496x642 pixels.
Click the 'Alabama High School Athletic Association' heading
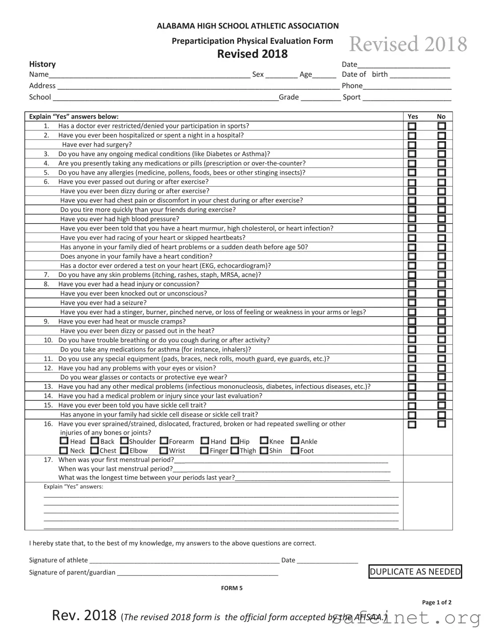[x=248, y=26]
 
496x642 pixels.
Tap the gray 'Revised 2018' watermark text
[x=408, y=44]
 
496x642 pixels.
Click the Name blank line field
[x=150, y=75]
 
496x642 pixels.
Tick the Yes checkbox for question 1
[x=412, y=126]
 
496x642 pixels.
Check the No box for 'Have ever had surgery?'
[x=441, y=145]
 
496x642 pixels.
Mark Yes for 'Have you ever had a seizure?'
[x=412, y=303]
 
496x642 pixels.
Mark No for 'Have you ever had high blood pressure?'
[x=441, y=219]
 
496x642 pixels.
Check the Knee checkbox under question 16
[x=264, y=441]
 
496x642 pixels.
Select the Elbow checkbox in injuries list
[x=124, y=451]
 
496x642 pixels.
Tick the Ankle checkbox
[x=295, y=441]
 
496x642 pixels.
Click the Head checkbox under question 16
[x=64, y=441]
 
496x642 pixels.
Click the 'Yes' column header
[x=413, y=116]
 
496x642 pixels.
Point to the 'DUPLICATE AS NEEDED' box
[x=415, y=572]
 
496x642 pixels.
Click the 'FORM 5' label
[x=232, y=588]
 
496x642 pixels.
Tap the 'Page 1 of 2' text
[x=436, y=602]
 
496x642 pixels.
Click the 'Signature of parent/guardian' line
[x=197, y=573]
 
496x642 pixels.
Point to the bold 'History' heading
[x=42, y=64]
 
